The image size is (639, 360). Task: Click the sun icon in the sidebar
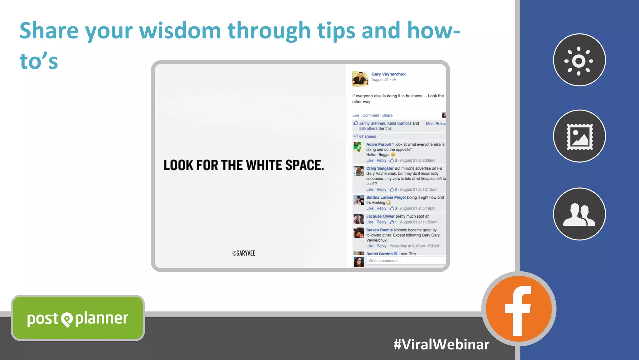coord(579,60)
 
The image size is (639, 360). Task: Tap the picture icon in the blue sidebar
coord(579,136)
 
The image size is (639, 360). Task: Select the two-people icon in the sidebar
coord(579,214)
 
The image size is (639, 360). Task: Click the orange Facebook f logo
coord(519,309)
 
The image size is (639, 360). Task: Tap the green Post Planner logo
coord(78,318)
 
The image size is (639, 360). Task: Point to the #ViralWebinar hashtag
coord(441,344)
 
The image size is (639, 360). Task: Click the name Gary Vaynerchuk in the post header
coord(388,74)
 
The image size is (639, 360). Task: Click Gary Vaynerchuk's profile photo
coord(360,78)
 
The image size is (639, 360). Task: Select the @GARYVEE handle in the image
coord(244,253)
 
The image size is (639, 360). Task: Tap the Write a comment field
coord(406,261)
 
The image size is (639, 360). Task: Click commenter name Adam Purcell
coord(378,145)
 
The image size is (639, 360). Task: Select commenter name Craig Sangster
coord(380,168)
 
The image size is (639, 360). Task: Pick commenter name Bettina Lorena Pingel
coord(386,197)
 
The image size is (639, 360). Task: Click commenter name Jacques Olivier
coord(380,216)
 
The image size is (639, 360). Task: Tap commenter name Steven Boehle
coord(379,230)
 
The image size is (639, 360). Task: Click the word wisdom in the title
coord(180,31)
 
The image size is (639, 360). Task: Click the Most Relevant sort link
coord(436,124)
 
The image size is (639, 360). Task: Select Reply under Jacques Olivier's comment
coord(381,222)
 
